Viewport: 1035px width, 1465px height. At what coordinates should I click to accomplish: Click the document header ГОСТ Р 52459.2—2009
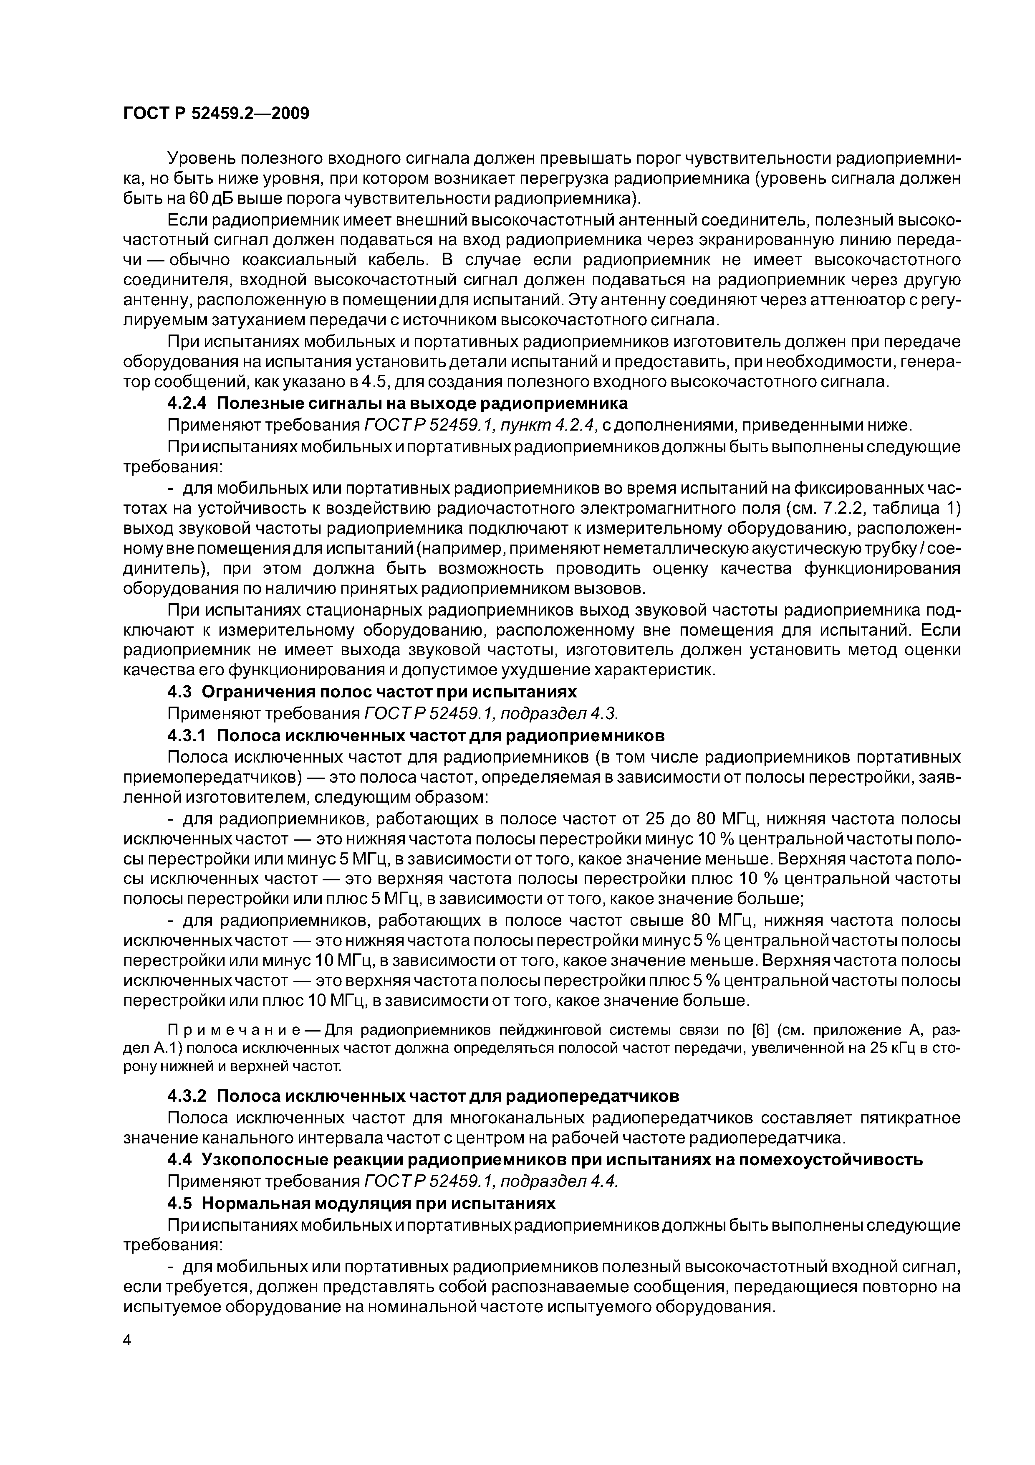(215, 114)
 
